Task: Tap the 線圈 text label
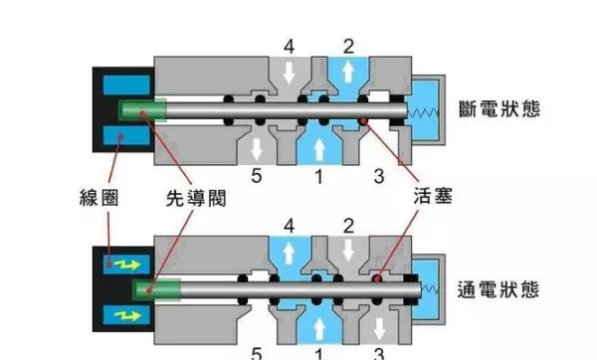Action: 103,197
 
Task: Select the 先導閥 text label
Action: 196,197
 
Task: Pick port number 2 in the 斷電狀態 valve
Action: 348,45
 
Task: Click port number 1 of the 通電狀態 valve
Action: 318,353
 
